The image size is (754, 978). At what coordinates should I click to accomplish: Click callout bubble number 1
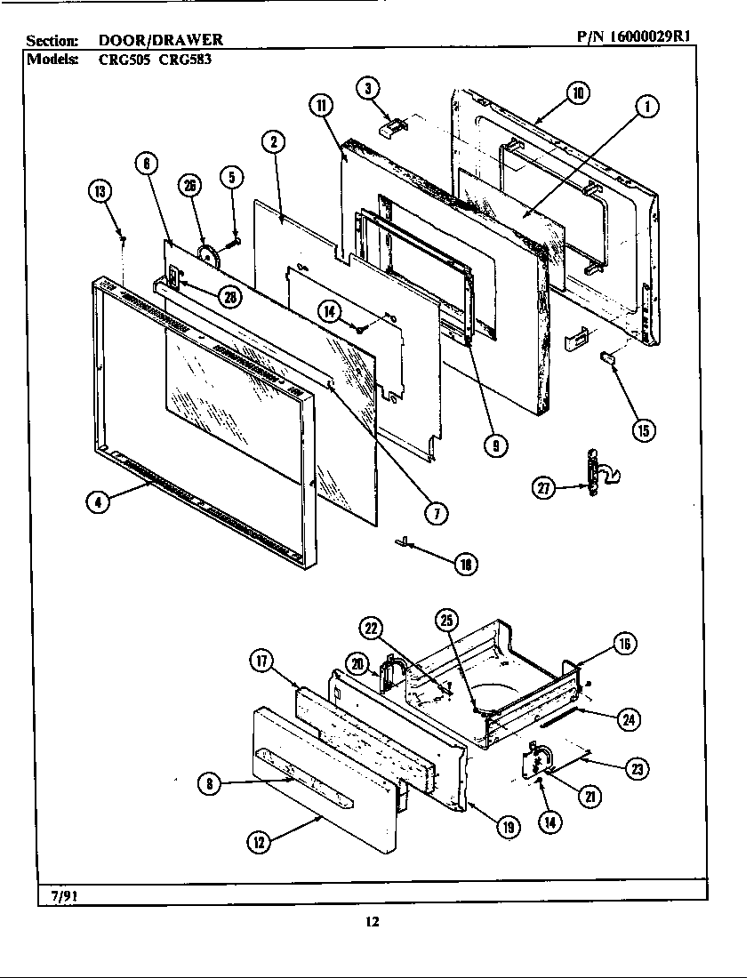point(647,105)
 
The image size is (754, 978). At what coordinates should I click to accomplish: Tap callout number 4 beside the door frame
point(98,502)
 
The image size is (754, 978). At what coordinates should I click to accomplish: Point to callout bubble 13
point(100,191)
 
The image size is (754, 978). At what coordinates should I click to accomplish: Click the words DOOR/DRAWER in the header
point(161,40)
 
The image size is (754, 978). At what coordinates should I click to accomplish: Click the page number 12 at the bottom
point(373,922)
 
